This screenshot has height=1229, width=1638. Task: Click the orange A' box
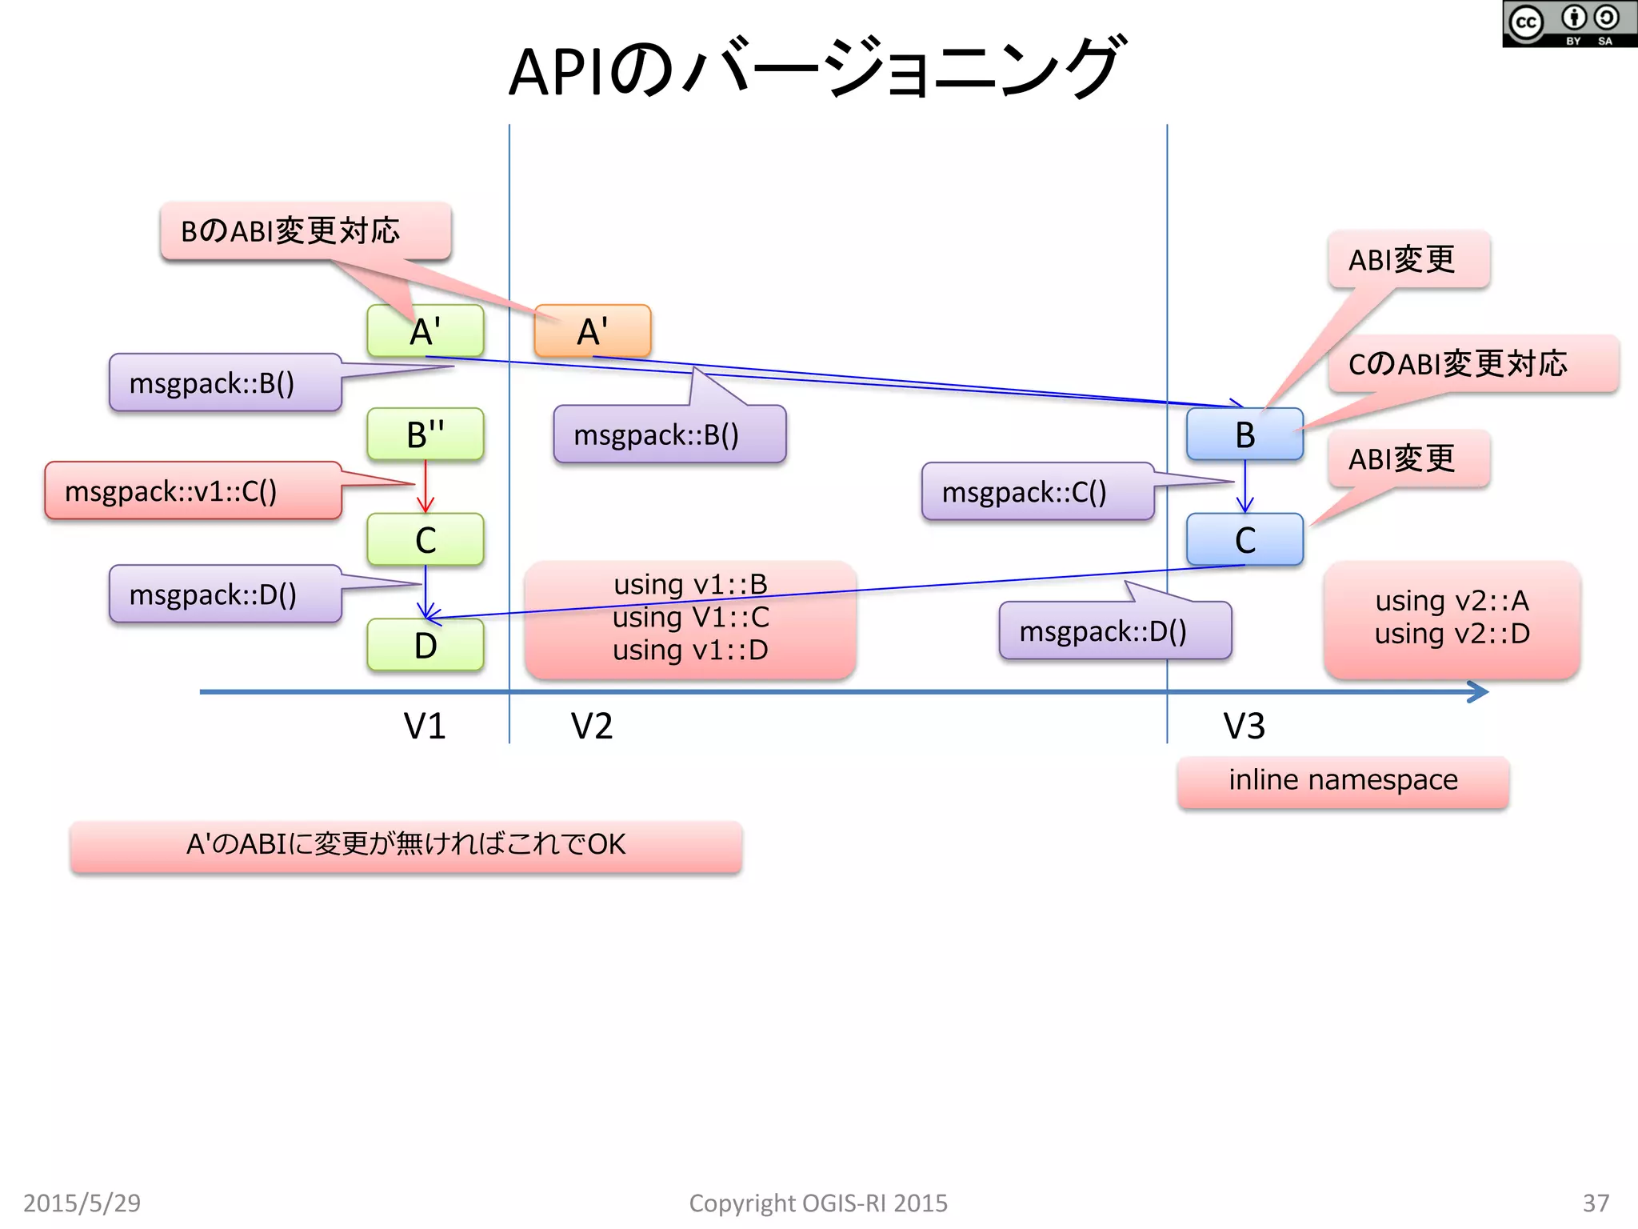click(x=593, y=330)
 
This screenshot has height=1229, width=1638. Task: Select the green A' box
click(x=425, y=330)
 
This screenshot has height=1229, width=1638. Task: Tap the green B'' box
click(x=425, y=434)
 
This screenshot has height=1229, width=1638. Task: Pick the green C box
click(x=425, y=540)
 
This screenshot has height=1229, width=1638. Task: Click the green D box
click(x=425, y=645)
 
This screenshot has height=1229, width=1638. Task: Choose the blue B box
click(x=1244, y=434)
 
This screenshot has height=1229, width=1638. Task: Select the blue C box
click(x=1244, y=540)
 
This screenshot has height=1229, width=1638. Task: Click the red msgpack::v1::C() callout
click(x=193, y=490)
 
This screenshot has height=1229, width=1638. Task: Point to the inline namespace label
click(x=1343, y=781)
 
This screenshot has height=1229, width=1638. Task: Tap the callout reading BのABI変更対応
click(x=306, y=231)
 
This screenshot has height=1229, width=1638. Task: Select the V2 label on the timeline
click(x=592, y=727)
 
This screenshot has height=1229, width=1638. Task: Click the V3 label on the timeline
click(x=1244, y=727)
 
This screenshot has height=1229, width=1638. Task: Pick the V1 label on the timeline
click(x=425, y=727)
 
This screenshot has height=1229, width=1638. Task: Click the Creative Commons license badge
click(x=1569, y=24)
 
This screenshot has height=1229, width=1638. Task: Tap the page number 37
click(x=1596, y=1203)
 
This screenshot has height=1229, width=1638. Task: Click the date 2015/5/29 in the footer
click(x=82, y=1203)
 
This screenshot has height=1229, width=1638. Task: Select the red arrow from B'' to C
click(x=425, y=486)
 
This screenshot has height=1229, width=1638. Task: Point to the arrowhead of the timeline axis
click(x=1480, y=691)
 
